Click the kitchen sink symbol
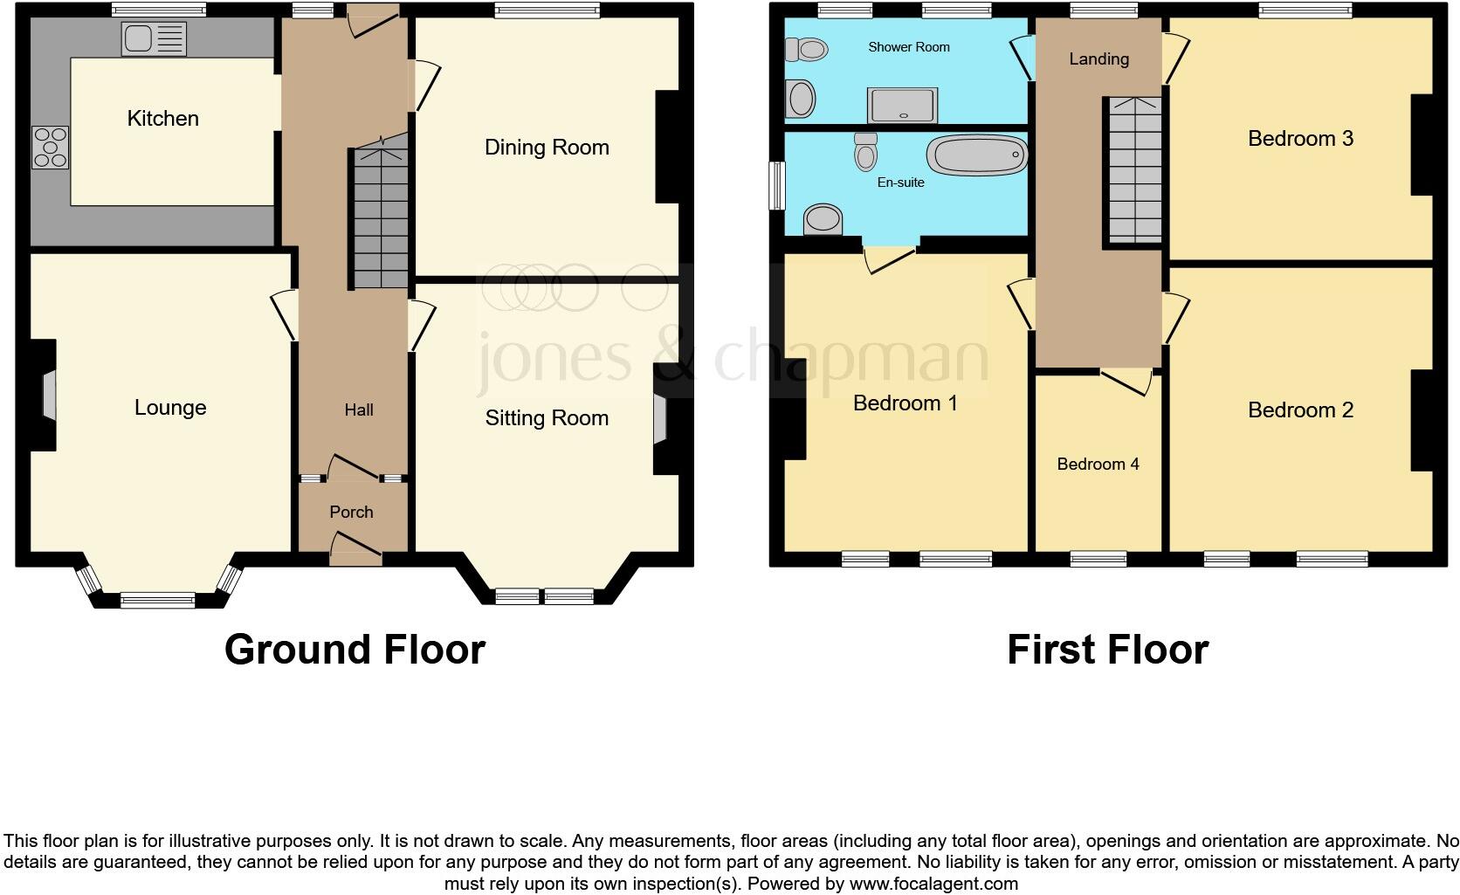pyautogui.click(x=155, y=39)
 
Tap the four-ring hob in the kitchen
pyautogui.click(x=51, y=148)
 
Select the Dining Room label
pyautogui.click(x=547, y=148)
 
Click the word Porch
pyautogui.click(x=351, y=513)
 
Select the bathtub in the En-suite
pyautogui.click(x=976, y=155)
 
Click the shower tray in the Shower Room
pyautogui.click(x=902, y=105)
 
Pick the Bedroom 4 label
pyautogui.click(x=1098, y=465)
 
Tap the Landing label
pyautogui.click(x=1098, y=59)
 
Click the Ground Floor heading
pyautogui.click(x=355, y=650)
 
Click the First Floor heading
pyautogui.click(x=1107, y=650)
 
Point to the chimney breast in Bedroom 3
pyautogui.click(x=1422, y=144)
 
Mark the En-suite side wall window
pyautogui.click(x=776, y=185)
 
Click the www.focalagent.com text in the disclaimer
pyautogui.click(x=933, y=884)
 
